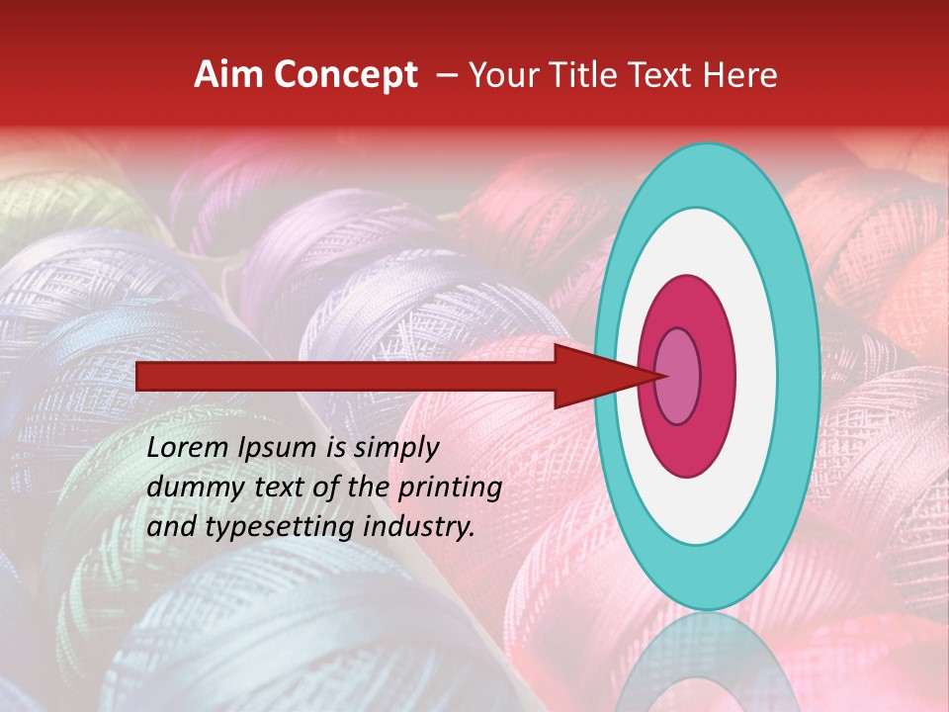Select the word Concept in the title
pyautogui.click(x=343, y=76)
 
